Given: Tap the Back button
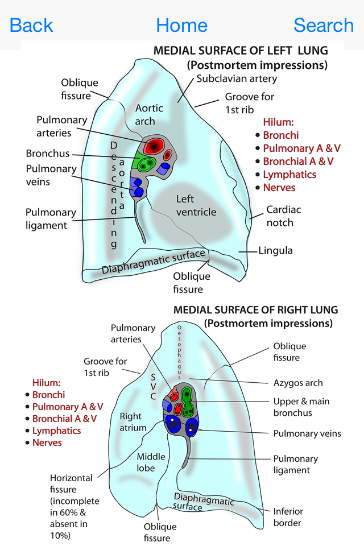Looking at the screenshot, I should [31, 25].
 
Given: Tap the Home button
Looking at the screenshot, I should [181, 25].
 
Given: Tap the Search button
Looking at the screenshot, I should [324, 25].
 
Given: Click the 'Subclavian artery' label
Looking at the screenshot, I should [229, 78].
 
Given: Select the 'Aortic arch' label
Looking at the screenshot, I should [149, 114].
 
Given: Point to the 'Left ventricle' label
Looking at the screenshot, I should [196, 205].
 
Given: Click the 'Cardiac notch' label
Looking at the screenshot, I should [283, 216].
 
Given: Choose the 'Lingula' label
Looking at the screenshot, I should [275, 250].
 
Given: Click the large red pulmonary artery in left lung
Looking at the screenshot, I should [152, 146].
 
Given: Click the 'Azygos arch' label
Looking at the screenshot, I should [298, 383].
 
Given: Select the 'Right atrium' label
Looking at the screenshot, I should [133, 422].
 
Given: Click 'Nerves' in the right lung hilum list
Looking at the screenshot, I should [47, 443].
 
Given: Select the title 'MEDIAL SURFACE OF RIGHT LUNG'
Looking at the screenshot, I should [255, 310].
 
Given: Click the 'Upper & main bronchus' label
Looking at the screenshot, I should [301, 407].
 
